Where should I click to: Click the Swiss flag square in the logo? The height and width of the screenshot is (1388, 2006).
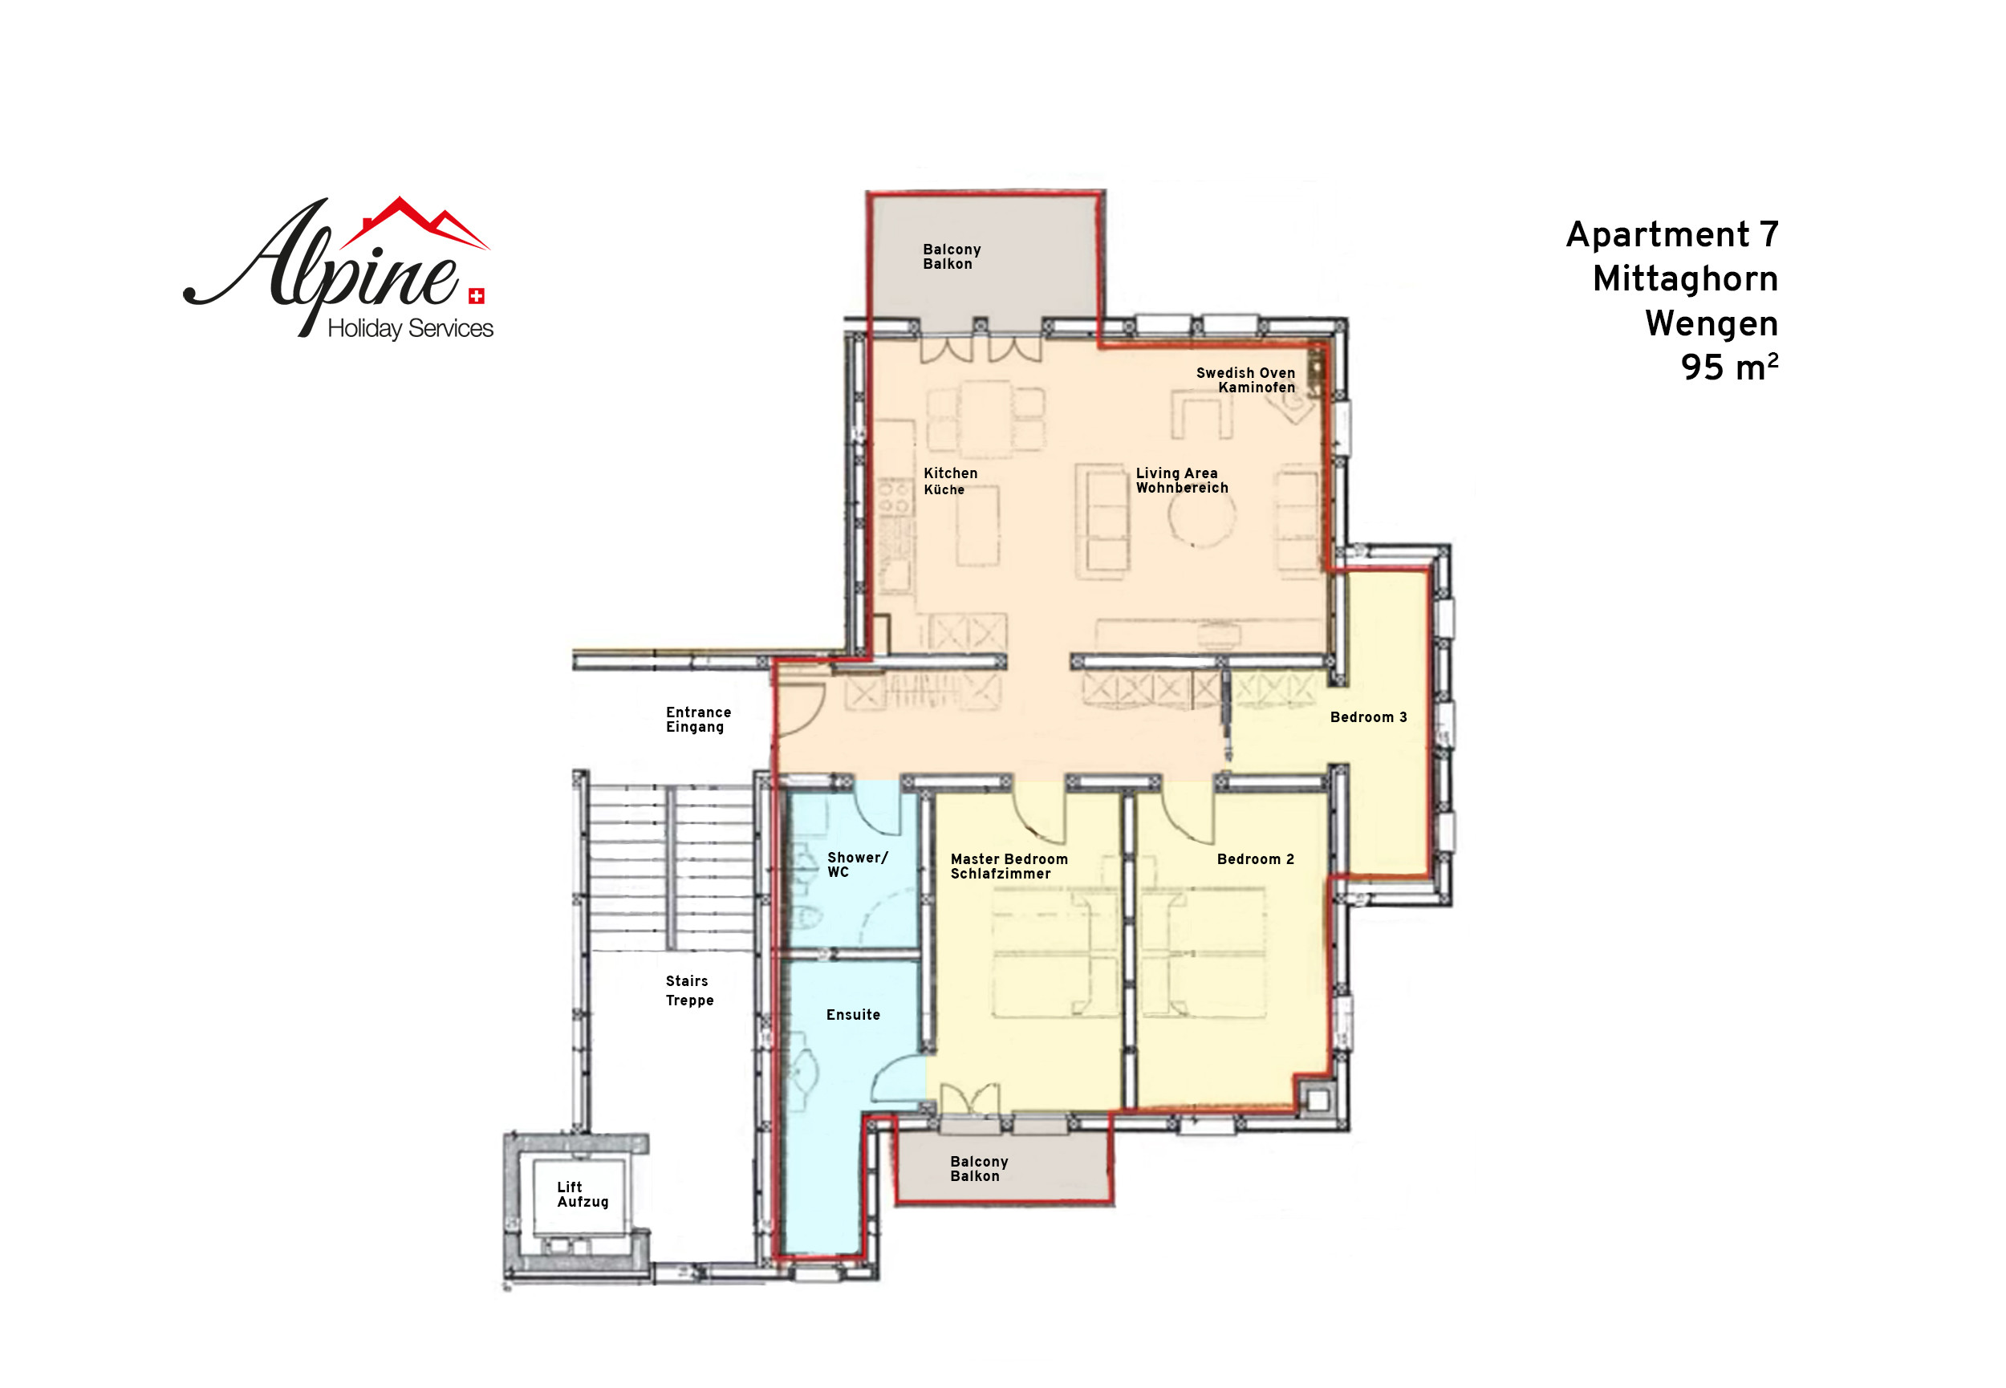pos(477,297)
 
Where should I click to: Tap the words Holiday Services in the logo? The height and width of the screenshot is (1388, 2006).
pos(410,329)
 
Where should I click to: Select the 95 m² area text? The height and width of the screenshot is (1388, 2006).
pos(1728,367)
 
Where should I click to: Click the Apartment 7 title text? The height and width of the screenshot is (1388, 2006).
pos(1672,235)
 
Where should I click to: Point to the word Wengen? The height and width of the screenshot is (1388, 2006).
pos(1712,323)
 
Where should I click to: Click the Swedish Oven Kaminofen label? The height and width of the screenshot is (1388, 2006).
pos(1245,380)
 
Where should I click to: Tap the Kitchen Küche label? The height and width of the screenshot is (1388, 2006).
pos(950,481)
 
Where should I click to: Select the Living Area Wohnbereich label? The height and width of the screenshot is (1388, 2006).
pos(1182,480)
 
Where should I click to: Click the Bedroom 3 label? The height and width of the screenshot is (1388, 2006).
pos(1368,716)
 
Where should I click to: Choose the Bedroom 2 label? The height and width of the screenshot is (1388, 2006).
pos(1256,859)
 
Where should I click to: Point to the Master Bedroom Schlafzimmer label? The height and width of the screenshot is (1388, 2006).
pos(1009,866)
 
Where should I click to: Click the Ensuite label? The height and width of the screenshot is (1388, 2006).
pos(853,1015)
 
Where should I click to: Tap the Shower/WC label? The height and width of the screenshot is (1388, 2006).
pos(857,864)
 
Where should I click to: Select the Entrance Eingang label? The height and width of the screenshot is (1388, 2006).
pos(698,719)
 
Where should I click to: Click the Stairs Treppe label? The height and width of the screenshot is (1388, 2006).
pos(689,991)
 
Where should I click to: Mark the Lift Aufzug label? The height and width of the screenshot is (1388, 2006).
pos(583,1194)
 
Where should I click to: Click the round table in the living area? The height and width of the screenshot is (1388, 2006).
pos(1201,513)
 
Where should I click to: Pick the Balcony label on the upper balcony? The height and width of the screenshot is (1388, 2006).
pos(952,257)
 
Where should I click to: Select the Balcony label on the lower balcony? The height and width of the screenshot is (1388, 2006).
pos(979,1169)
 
